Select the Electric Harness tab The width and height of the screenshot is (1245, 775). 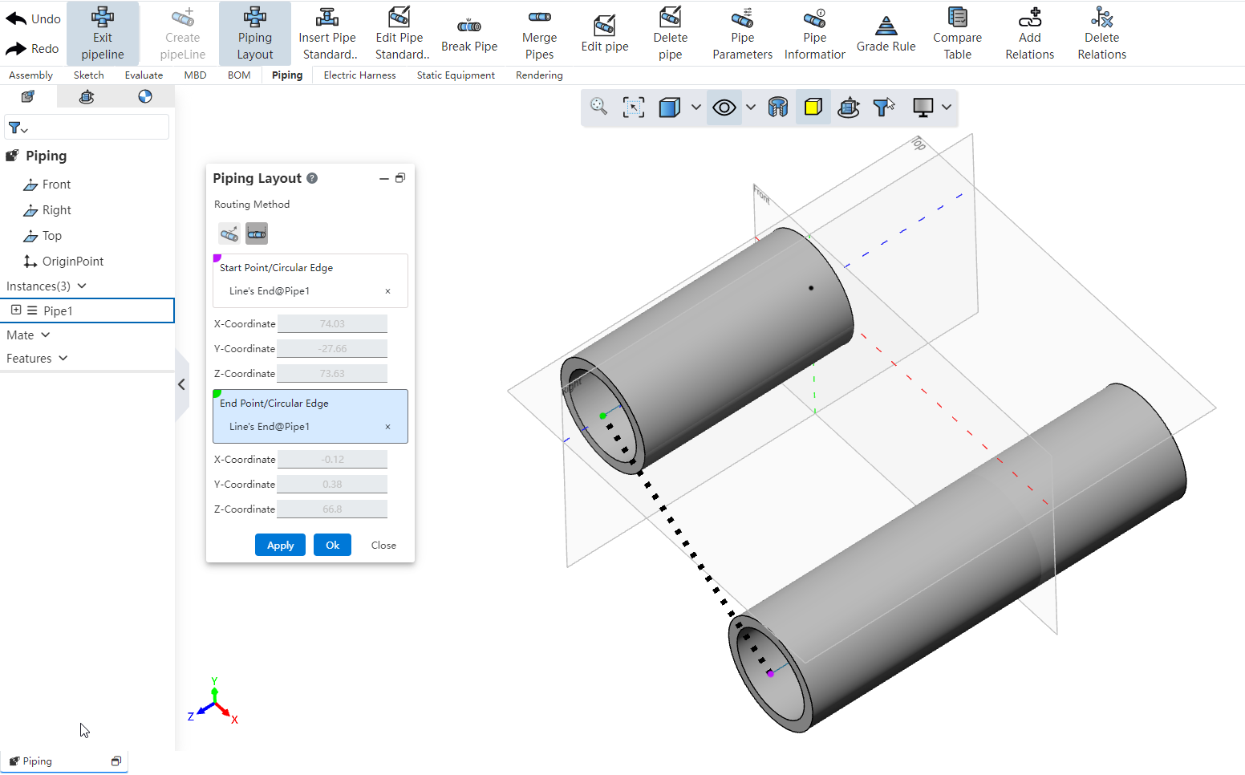(x=359, y=75)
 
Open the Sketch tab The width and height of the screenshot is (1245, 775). (x=89, y=75)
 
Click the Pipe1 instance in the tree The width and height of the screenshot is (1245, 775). (x=58, y=311)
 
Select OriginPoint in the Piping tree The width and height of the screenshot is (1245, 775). (x=72, y=262)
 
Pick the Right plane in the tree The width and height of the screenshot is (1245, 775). (x=56, y=210)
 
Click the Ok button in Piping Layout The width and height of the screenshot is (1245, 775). (x=332, y=546)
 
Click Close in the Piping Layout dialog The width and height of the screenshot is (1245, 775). (x=383, y=546)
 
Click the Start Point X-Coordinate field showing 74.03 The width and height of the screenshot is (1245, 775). (x=332, y=324)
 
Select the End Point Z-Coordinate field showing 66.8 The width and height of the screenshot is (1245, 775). (x=332, y=509)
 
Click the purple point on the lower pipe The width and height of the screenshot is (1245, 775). (x=770, y=674)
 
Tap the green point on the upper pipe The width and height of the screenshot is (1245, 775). (x=603, y=416)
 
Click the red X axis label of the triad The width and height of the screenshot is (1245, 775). (x=234, y=720)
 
